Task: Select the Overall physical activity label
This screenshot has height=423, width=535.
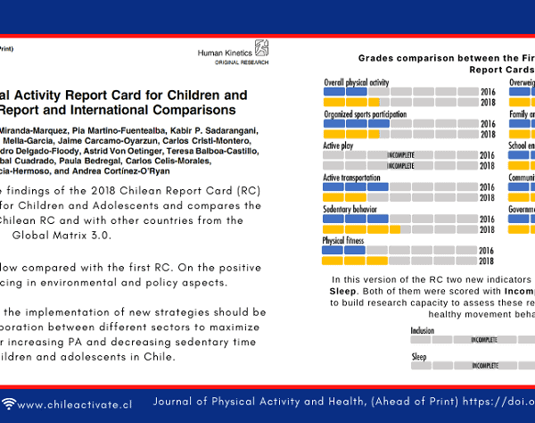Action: click(x=356, y=81)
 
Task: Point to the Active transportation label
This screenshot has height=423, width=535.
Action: click(x=351, y=177)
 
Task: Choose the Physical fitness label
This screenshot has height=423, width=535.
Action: click(x=344, y=241)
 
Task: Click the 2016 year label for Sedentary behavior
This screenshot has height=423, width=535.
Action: click(x=487, y=220)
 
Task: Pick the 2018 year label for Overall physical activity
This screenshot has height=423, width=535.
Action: click(x=487, y=103)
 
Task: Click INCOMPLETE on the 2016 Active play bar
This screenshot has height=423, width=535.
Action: click(x=400, y=155)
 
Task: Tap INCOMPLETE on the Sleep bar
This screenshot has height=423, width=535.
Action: click(x=484, y=366)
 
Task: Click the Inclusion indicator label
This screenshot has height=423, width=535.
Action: click(x=423, y=330)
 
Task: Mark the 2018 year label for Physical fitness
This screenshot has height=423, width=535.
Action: click(x=487, y=261)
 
